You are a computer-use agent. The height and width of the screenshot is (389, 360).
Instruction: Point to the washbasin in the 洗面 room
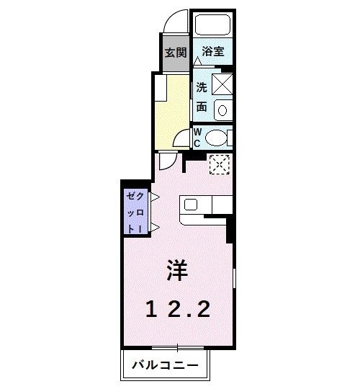coord(223,110)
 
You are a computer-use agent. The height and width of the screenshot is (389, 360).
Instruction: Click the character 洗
coord(202,88)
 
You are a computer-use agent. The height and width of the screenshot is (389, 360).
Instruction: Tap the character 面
coord(202,107)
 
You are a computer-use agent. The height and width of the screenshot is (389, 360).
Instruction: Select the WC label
coord(197,136)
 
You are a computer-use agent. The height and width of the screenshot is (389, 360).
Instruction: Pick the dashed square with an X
coord(218,165)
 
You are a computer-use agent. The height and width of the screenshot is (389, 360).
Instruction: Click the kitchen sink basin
coord(191,204)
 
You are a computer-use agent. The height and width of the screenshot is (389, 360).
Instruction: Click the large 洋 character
coord(178,270)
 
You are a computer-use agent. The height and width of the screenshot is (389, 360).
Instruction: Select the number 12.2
coord(178,310)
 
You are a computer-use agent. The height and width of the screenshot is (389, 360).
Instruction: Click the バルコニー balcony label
coord(165,365)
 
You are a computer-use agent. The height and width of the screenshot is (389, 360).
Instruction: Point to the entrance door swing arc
coord(176,22)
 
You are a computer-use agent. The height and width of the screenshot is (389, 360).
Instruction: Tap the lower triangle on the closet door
coord(153,229)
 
